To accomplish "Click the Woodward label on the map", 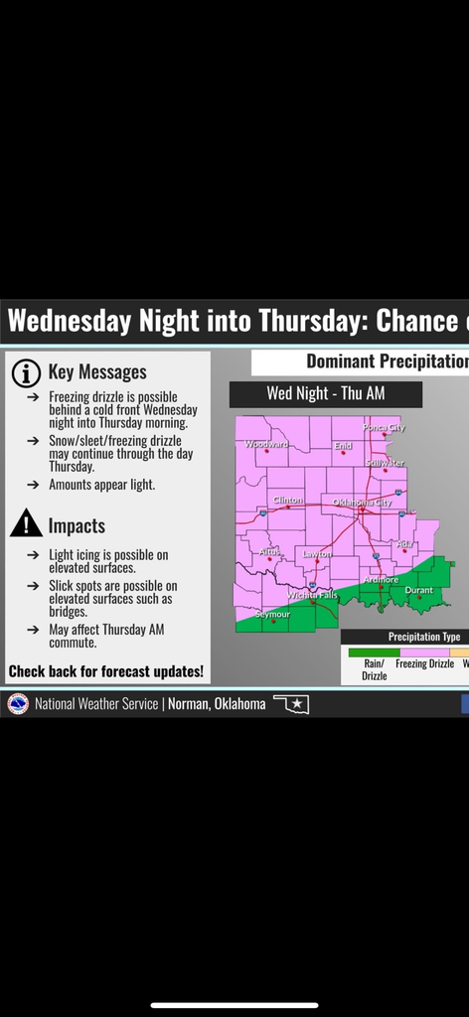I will pyautogui.click(x=265, y=444).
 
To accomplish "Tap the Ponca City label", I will pyautogui.click(x=384, y=427).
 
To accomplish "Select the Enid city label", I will pyautogui.click(x=343, y=446).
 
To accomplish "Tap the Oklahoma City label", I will pyautogui.click(x=362, y=503).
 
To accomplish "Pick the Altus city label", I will pyautogui.click(x=270, y=550).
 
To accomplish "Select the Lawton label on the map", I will pyautogui.click(x=318, y=554).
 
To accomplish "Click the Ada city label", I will pyautogui.click(x=404, y=543).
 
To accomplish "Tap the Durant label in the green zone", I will pyautogui.click(x=418, y=591).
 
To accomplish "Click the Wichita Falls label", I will pyautogui.click(x=312, y=595).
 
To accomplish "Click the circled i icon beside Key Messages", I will pyautogui.click(x=25, y=372).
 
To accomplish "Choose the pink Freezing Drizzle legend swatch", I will pyautogui.click(x=424, y=652).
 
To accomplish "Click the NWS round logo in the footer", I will pyautogui.click(x=17, y=703).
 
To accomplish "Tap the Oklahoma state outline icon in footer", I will pyautogui.click(x=291, y=703).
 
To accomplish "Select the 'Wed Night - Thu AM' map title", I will pyautogui.click(x=325, y=393).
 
